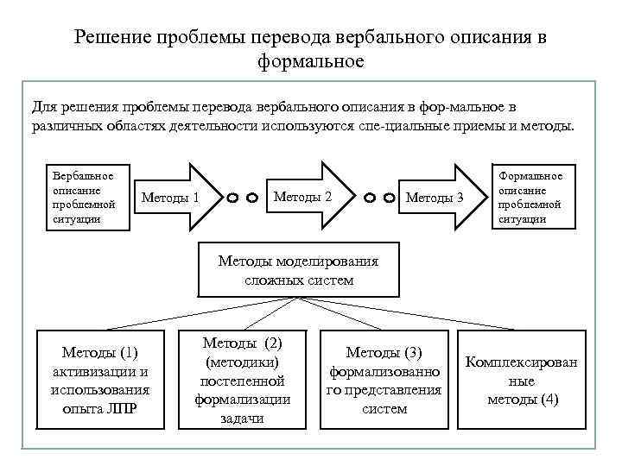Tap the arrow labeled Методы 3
(x=440, y=198)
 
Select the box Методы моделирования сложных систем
(x=298, y=270)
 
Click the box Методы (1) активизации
(x=100, y=380)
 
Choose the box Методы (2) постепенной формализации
(x=242, y=380)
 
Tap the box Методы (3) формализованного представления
(x=384, y=380)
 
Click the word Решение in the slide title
(x=112, y=37)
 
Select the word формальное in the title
(x=310, y=61)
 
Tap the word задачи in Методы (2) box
(x=242, y=419)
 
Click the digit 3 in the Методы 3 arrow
(x=460, y=198)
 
